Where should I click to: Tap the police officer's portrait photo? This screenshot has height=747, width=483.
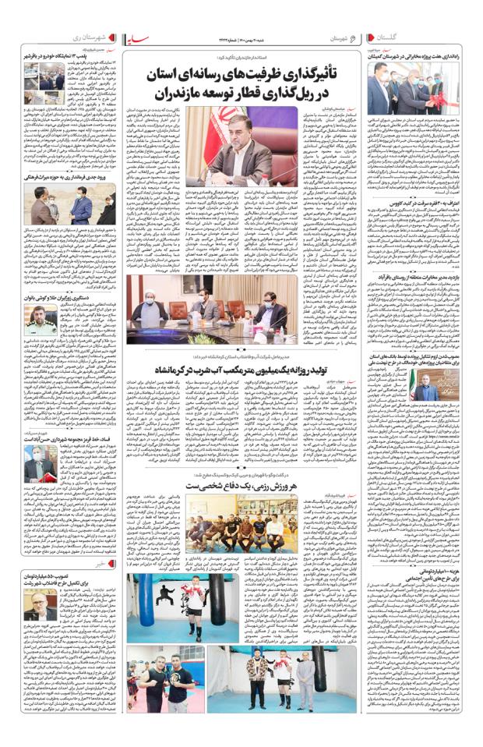tap(40, 320)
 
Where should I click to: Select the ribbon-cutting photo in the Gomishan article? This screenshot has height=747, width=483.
tap(400, 91)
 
